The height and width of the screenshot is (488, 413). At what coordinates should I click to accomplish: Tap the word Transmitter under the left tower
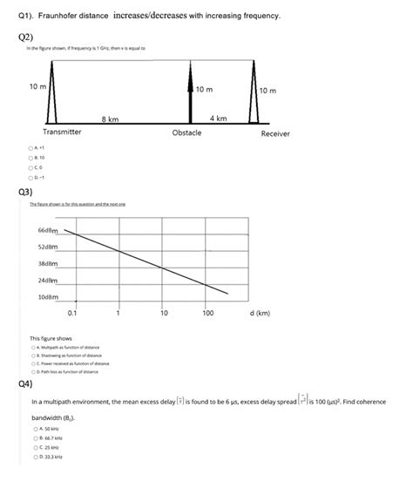point(62,132)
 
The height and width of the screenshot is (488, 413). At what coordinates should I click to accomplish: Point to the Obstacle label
point(187,132)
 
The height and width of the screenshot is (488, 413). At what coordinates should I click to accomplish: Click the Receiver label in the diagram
point(275,133)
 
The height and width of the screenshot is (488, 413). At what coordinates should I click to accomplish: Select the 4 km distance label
point(219,117)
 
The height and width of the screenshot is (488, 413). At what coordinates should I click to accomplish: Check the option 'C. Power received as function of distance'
point(33,363)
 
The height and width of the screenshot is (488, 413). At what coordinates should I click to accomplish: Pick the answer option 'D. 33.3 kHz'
point(33,456)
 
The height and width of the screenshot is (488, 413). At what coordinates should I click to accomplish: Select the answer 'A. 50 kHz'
point(33,429)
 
